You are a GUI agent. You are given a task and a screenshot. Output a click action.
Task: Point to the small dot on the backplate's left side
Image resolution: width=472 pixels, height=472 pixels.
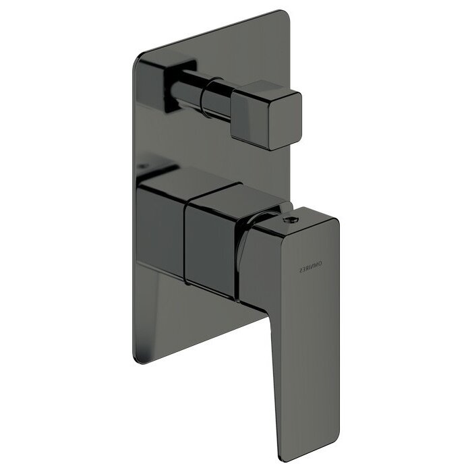(x=143, y=164)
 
